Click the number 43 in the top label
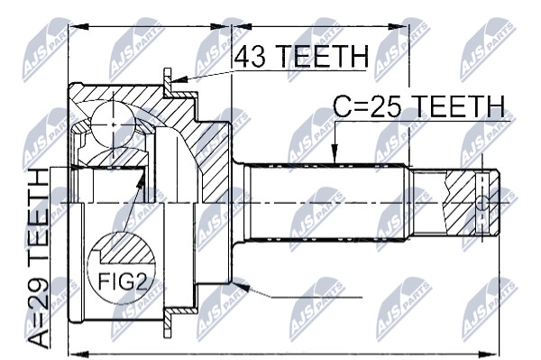[x=250, y=57]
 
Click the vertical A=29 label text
[x=38, y=258]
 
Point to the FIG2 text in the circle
[x=124, y=281]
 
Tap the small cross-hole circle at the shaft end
[x=482, y=203]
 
